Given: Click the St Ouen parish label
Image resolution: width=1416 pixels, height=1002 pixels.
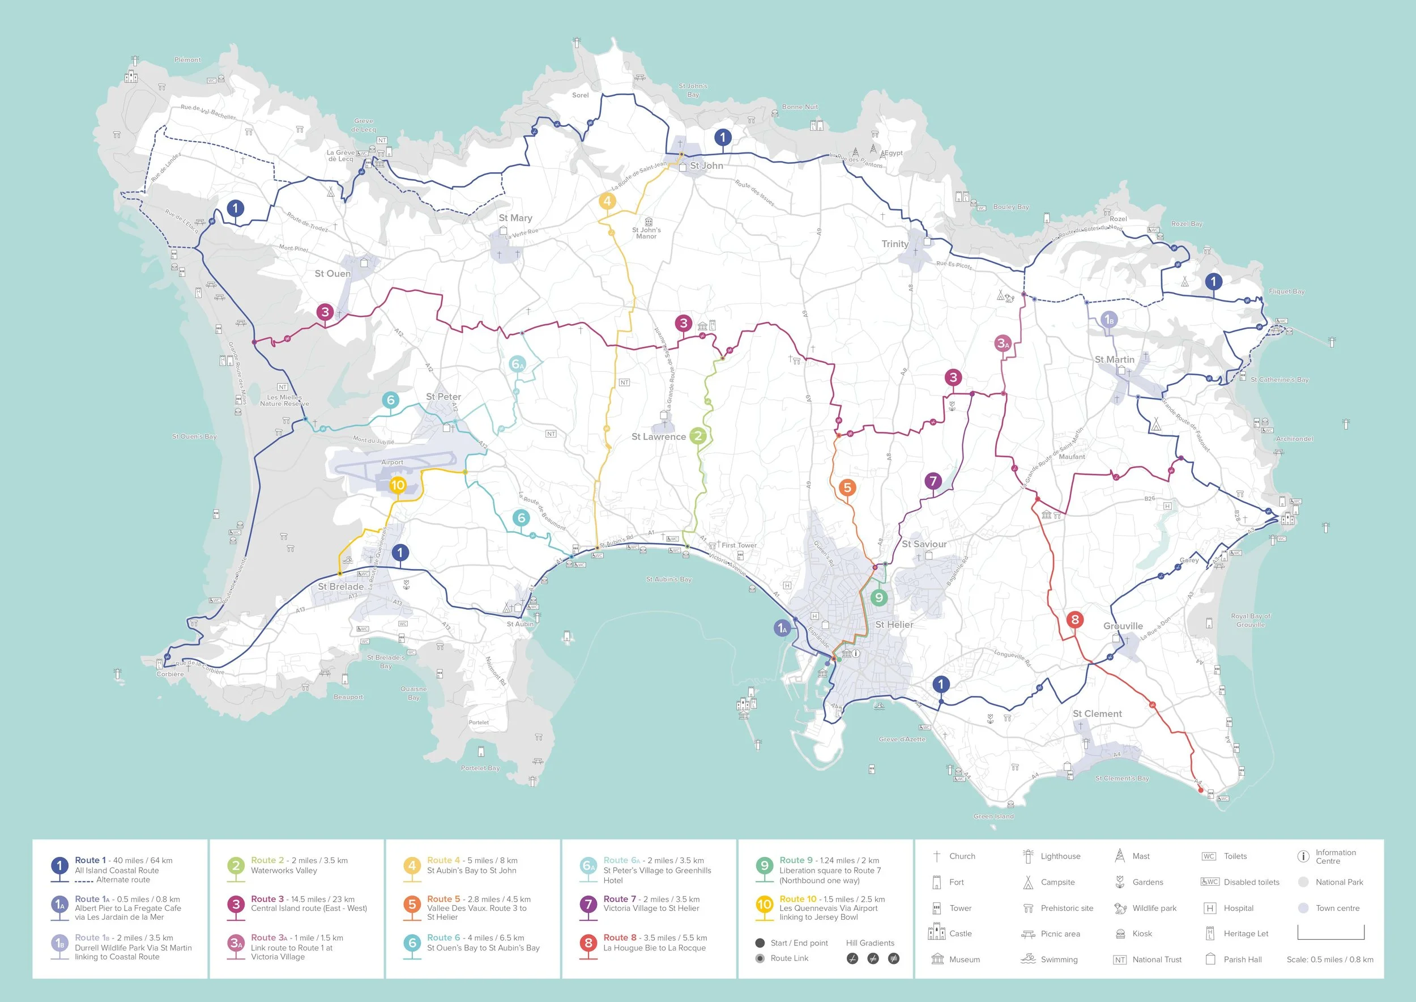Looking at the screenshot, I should [332, 273].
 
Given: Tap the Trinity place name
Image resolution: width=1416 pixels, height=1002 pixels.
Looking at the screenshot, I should [894, 244].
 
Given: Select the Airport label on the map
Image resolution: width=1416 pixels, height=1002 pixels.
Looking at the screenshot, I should [393, 462].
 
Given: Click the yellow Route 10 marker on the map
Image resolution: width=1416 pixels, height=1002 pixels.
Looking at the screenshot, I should [398, 485].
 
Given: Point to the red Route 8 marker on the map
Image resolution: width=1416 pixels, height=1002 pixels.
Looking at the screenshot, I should [1075, 619].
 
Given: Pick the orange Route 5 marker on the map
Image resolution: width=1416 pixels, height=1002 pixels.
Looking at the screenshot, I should [847, 487].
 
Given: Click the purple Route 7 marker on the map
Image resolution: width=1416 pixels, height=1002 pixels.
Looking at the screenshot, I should [933, 481].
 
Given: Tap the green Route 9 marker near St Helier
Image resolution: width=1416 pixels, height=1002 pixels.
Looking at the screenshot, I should [879, 597].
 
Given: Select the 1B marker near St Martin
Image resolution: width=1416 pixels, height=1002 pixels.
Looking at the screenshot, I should [1109, 320].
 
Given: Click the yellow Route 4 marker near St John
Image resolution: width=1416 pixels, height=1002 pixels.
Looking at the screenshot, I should [607, 201].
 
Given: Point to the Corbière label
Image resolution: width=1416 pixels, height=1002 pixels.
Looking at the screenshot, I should [170, 674].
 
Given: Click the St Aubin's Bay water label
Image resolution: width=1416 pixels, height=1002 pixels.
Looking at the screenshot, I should [668, 579].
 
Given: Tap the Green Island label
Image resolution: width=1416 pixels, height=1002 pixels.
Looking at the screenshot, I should [993, 816].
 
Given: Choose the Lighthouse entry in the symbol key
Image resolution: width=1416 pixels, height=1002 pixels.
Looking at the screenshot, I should [1060, 856].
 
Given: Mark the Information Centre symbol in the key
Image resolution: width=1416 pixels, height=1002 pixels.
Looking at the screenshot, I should [1303, 856].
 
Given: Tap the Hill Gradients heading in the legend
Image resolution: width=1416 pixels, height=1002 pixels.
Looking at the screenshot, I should [869, 942].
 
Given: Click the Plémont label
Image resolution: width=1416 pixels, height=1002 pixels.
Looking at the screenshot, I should [187, 60].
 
